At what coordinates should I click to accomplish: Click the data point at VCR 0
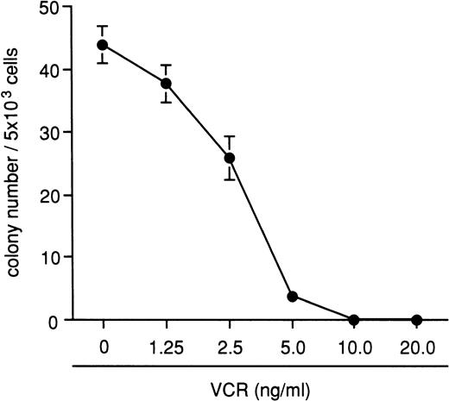(104, 45)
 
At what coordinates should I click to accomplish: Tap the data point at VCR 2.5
(229, 158)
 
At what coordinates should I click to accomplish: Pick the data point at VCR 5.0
(292, 296)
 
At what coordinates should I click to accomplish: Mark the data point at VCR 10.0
(354, 319)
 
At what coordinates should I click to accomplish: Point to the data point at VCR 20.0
(417, 319)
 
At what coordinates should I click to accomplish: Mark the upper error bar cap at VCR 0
(104, 26)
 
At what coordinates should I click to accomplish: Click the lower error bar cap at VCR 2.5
(229, 179)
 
